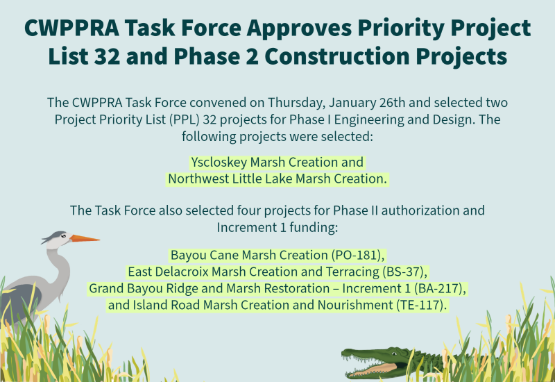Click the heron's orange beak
tap(84, 238)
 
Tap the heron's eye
tap(63, 235)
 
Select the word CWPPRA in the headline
tap(72, 28)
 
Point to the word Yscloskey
tap(219, 163)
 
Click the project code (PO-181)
tap(358, 255)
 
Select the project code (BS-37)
tap(405, 272)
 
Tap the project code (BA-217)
tap(440, 288)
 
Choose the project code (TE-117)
tap(421, 305)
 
